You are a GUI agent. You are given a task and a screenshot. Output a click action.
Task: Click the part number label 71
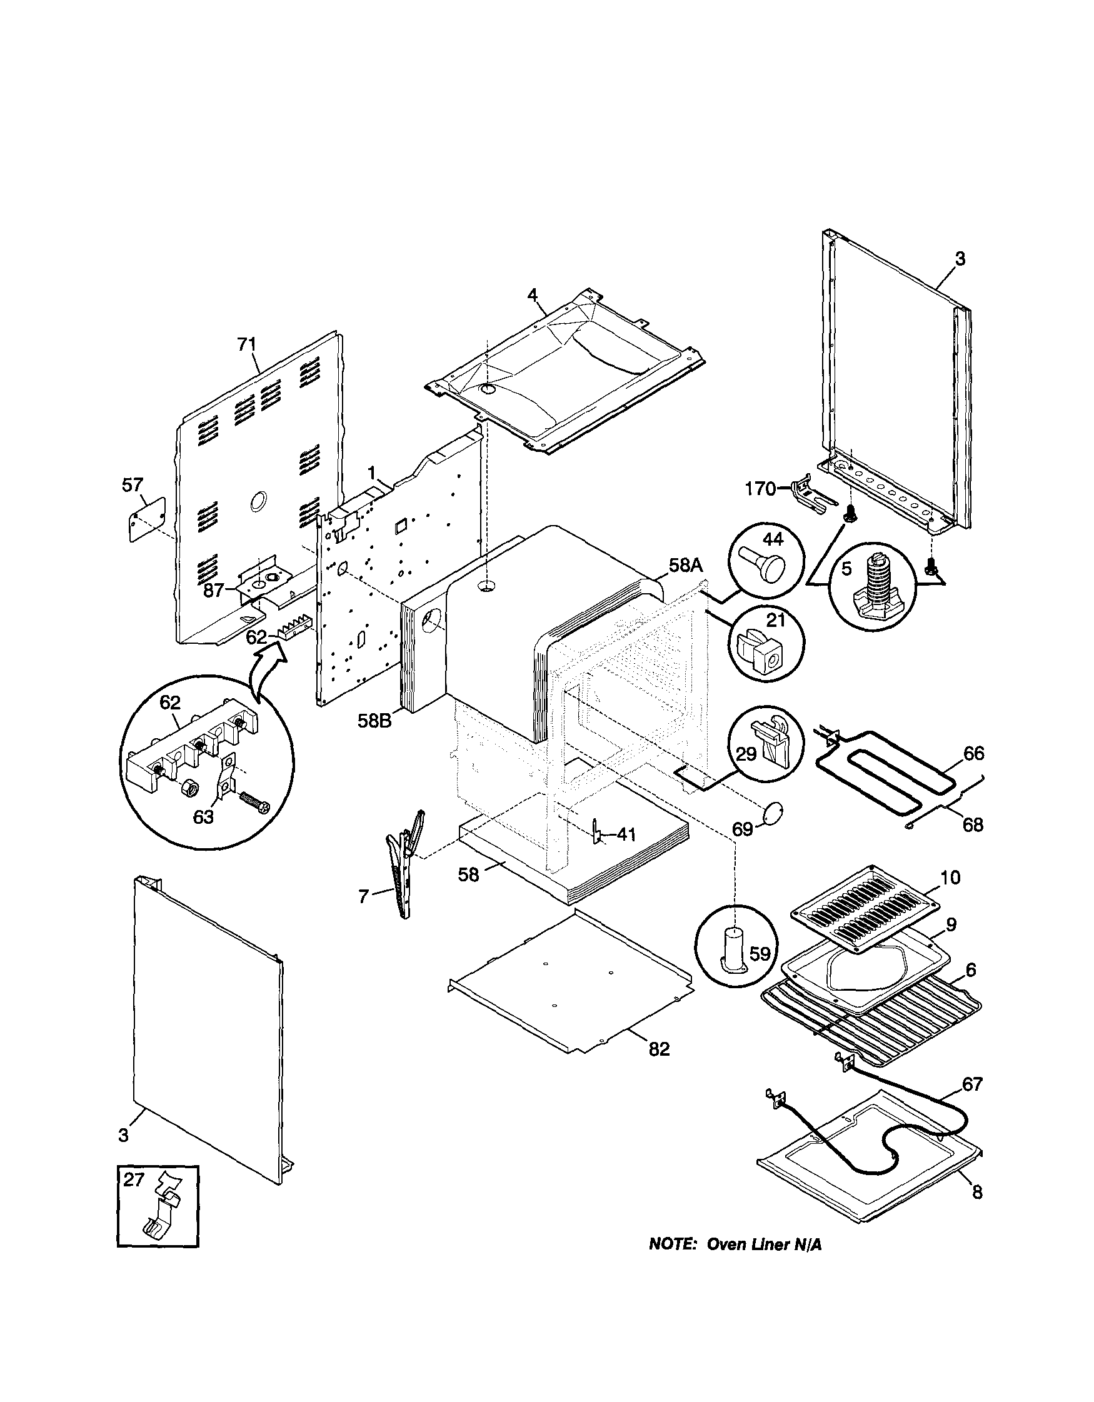[247, 345]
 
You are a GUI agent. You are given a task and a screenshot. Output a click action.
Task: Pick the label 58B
[375, 720]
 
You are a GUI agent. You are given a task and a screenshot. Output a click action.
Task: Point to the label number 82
[660, 1049]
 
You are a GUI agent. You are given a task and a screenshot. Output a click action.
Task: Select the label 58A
[686, 565]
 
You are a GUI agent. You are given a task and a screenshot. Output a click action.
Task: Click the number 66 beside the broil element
[973, 753]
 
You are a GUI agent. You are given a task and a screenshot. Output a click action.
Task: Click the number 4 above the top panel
[531, 294]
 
